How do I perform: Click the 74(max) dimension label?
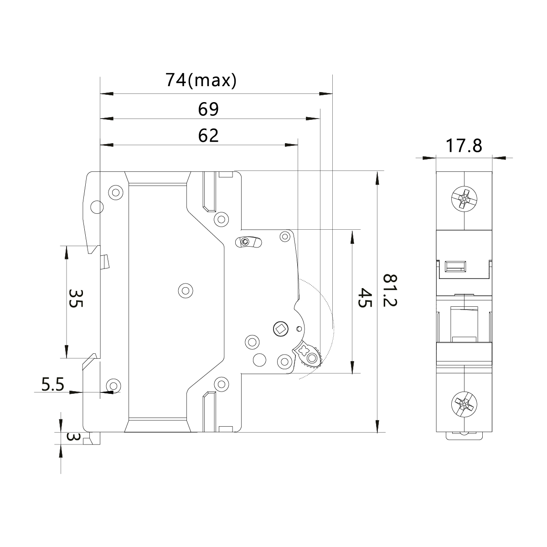(x=201, y=80)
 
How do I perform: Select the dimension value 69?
(x=208, y=109)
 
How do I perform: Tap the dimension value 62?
(x=208, y=135)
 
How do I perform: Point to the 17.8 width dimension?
(x=464, y=146)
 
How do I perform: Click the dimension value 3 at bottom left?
(x=73, y=437)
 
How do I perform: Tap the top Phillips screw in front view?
(x=464, y=200)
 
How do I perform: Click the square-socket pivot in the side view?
(x=280, y=328)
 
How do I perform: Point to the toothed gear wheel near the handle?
(x=312, y=358)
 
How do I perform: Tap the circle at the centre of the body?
(x=185, y=290)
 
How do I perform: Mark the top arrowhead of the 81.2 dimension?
(x=377, y=178)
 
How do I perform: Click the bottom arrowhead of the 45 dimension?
(x=352, y=366)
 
